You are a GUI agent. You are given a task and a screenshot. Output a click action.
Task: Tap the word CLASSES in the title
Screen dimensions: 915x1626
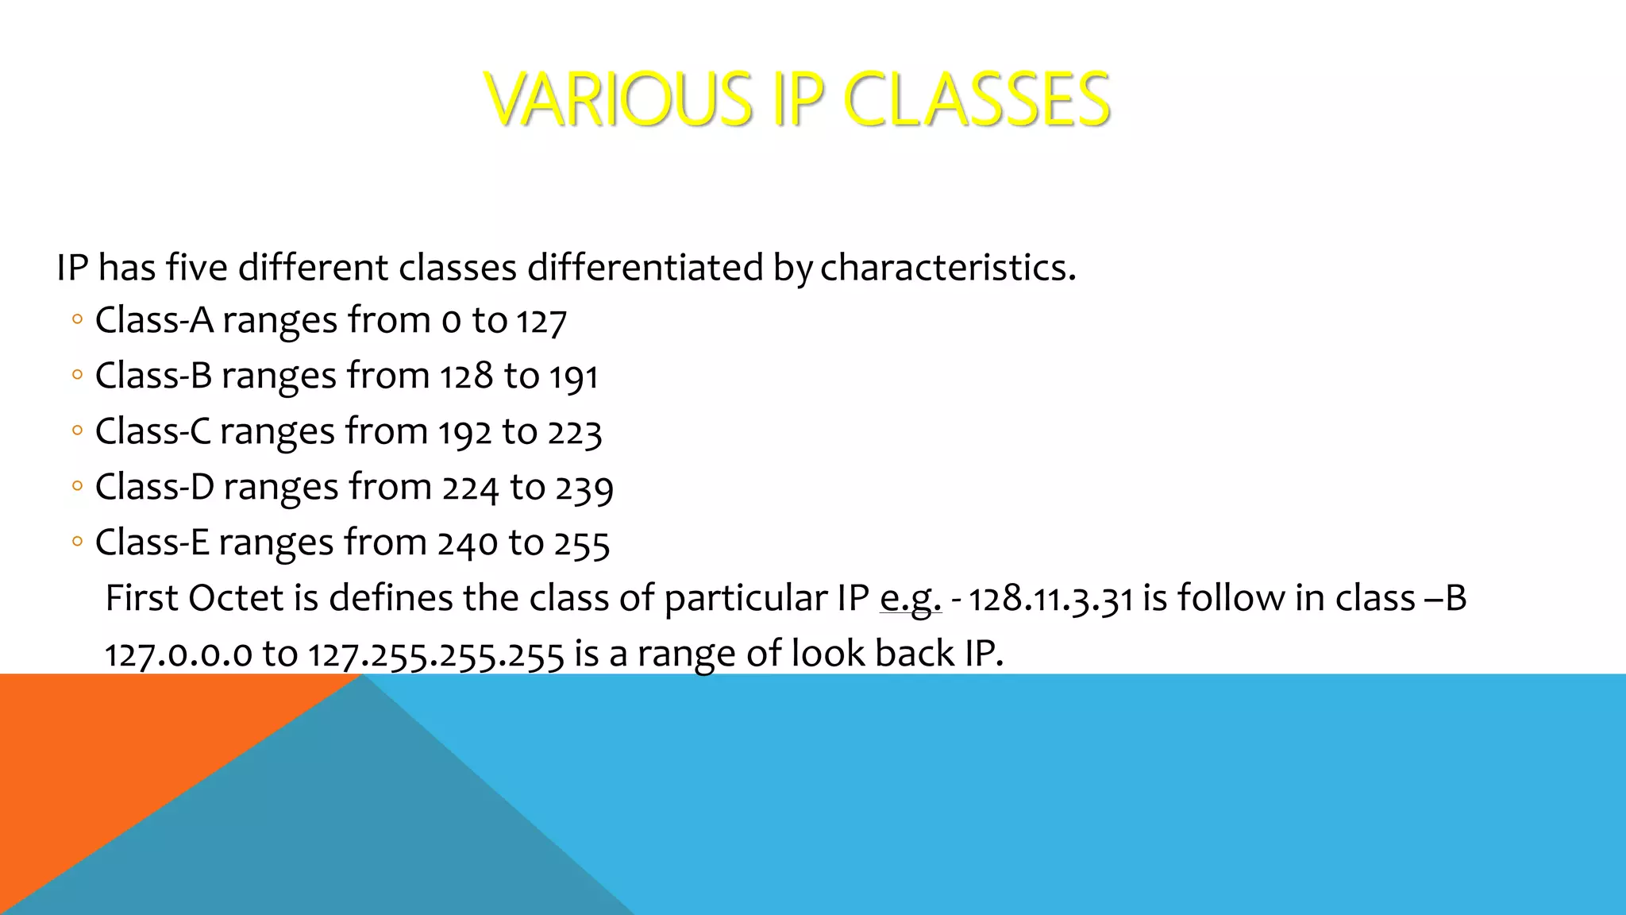click(976, 99)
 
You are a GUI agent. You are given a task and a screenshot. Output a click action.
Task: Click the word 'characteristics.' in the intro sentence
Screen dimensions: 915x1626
click(948, 267)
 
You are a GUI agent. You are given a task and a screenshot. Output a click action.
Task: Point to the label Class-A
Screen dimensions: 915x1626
click(154, 320)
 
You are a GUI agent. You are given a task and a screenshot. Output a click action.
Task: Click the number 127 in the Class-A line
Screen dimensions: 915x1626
click(541, 322)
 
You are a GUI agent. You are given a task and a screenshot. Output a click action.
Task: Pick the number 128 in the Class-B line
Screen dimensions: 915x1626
click(467, 376)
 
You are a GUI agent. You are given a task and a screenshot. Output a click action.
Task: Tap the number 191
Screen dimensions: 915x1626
click(573, 376)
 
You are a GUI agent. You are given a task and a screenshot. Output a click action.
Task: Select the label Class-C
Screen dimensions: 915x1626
click(153, 431)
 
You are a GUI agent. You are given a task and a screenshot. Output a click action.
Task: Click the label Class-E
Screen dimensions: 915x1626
click(152, 542)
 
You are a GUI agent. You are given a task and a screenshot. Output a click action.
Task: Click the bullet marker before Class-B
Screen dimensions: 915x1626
click(77, 375)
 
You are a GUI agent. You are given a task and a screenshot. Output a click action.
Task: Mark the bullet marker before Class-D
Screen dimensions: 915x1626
click(77, 486)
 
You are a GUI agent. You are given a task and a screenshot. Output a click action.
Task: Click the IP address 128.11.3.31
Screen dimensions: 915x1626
click(1050, 599)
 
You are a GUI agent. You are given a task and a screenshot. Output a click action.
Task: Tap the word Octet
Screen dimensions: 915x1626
click(236, 598)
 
